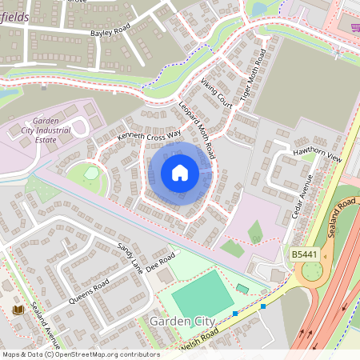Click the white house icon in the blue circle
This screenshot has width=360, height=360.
(180, 173)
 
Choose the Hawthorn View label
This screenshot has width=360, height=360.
(318, 155)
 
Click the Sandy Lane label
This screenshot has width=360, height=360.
(130, 254)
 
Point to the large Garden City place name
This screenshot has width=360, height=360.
(183, 321)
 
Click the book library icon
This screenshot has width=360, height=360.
(17, 310)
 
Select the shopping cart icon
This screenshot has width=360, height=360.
(354, 27)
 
